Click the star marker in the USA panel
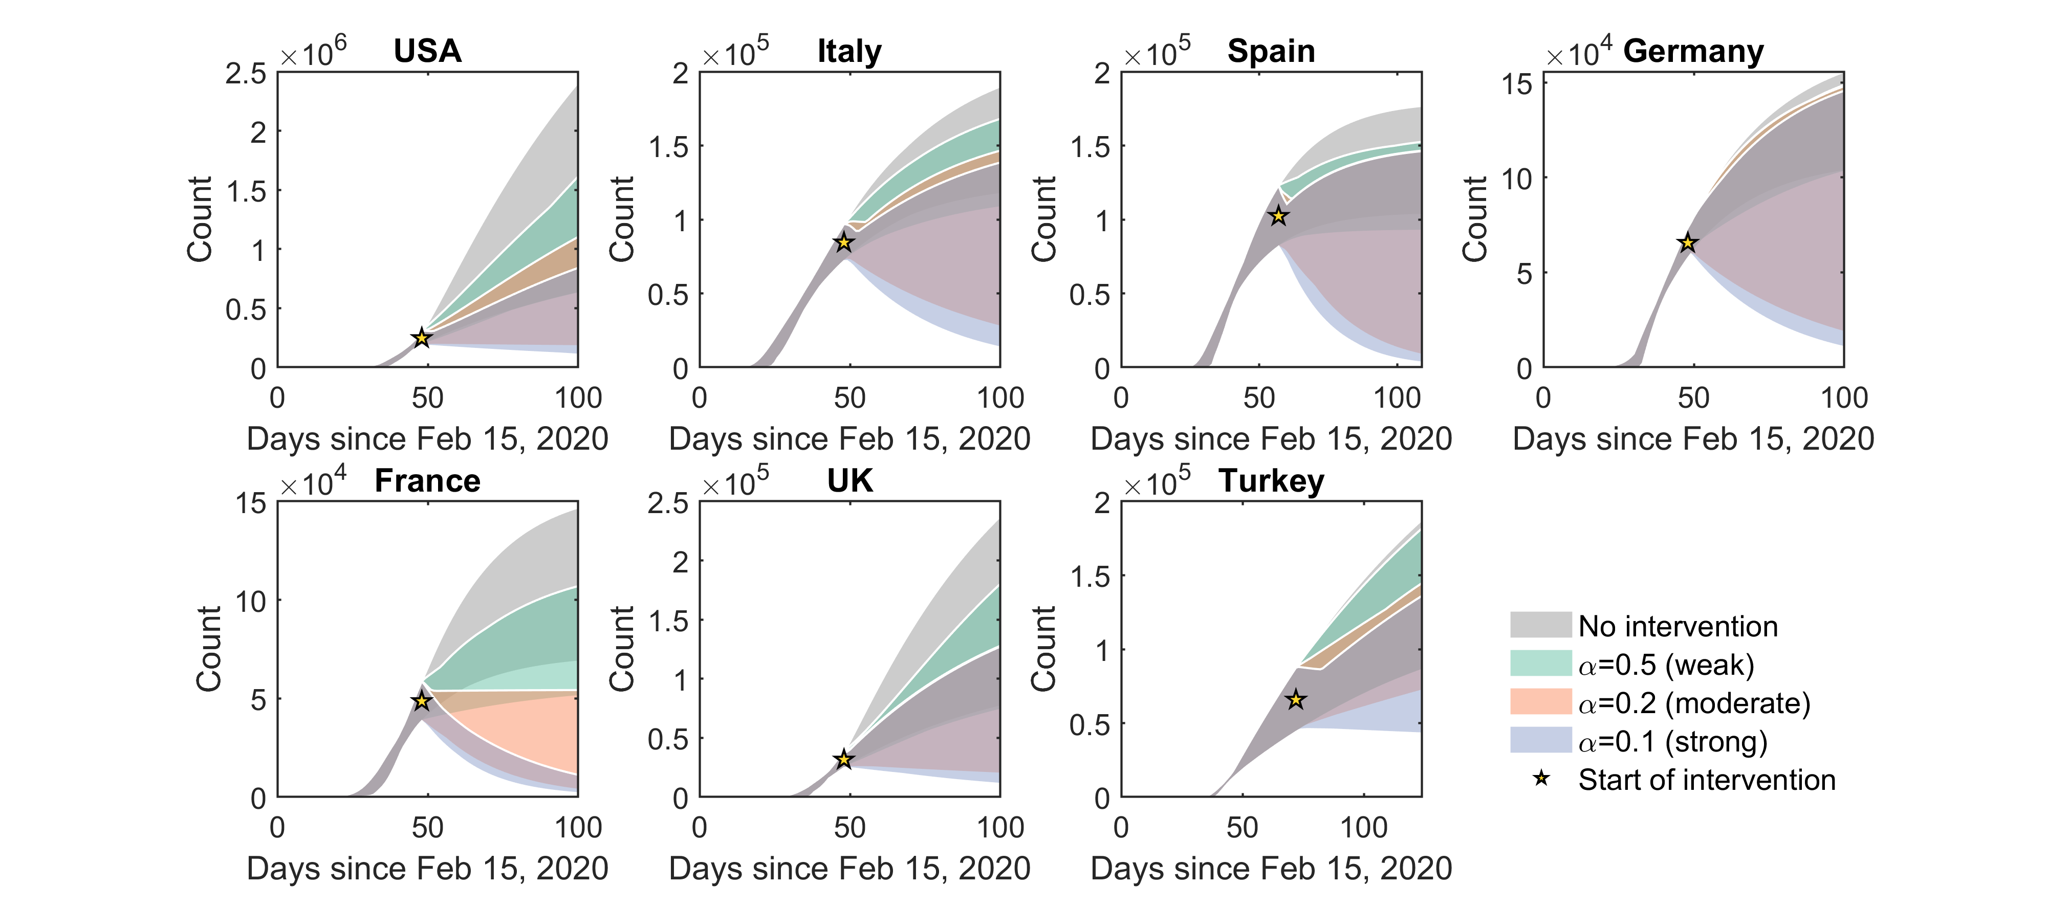coord(422,338)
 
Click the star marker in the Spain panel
coord(1278,216)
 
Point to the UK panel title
coord(850,480)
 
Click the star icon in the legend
coord(1541,779)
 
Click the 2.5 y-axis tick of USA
coord(246,74)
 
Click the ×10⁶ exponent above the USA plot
coord(314,52)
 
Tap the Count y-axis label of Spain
coord(1043,219)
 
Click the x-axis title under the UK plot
coord(850,868)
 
